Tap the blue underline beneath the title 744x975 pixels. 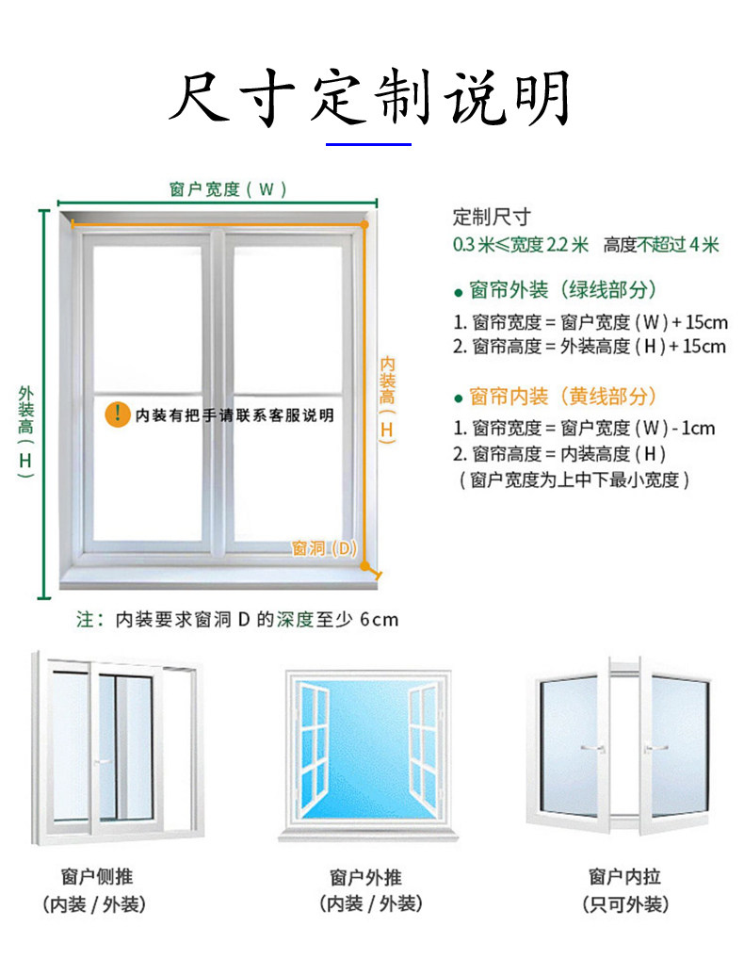[x=368, y=144]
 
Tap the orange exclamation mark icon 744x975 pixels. [x=118, y=414]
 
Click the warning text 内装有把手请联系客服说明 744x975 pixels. [x=235, y=414]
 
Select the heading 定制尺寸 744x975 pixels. [x=492, y=217]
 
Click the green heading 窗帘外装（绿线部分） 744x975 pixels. [x=562, y=289]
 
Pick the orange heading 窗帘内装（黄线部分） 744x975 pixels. [x=562, y=396]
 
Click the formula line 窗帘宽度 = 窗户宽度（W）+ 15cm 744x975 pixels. [x=590, y=322]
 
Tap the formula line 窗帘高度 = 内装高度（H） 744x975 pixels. [x=559, y=453]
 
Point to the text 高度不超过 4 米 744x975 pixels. [x=661, y=245]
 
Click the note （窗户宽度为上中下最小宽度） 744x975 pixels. [x=574, y=480]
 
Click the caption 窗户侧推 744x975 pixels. [x=95, y=876]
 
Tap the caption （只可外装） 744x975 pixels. [x=624, y=904]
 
